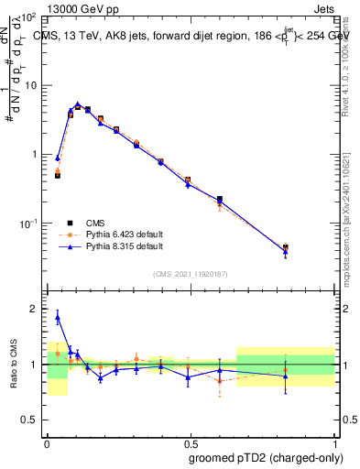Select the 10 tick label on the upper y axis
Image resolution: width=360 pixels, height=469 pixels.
29,85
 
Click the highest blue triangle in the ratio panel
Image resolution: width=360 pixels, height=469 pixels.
58,318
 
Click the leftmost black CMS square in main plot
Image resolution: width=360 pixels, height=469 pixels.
58,174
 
